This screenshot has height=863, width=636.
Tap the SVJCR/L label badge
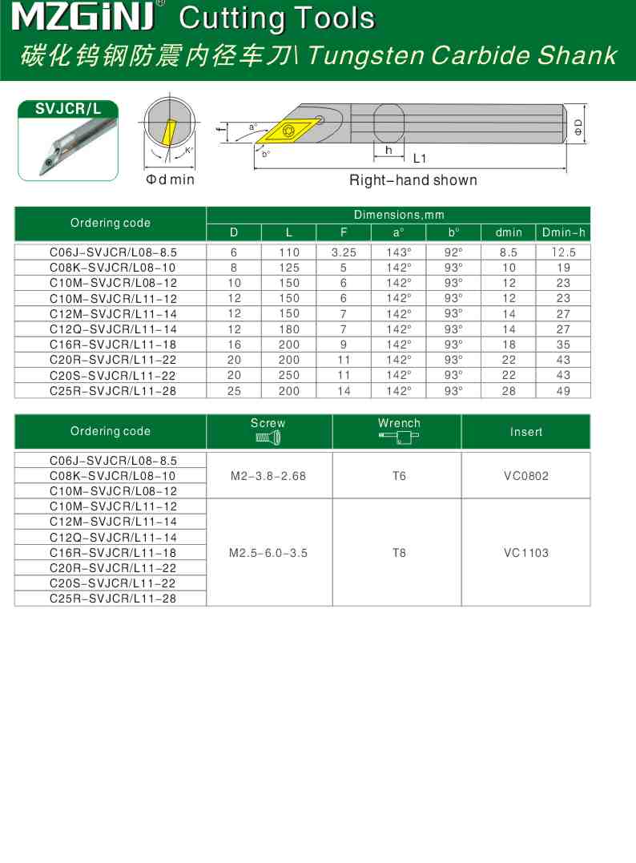(x=67, y=110)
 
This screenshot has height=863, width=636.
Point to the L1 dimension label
(x=420, y=159)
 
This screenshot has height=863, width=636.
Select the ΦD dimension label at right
(x=578, y=126)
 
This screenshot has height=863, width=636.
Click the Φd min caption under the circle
(x=170, y=179)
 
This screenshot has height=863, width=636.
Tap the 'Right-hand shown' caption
(x=413, y=180)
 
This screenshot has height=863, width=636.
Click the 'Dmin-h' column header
(x=563, y=232)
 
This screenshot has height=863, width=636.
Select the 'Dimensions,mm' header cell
(x=398, y=215)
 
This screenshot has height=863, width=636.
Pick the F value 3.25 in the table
(x=344, y=252)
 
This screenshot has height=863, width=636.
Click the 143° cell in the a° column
(x=398, y=252)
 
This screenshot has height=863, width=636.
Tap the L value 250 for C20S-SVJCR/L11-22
(x=288, y=375)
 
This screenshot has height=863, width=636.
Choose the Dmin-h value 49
(x=563, y=391)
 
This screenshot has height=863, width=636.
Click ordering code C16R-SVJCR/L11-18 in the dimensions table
(x=113, y=345)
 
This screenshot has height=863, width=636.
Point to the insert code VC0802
(x=526, y=476)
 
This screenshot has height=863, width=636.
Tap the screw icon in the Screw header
(x=268, y=438)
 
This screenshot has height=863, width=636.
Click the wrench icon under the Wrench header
(x=398, y=438)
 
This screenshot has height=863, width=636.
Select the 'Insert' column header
(x=526, y=432)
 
